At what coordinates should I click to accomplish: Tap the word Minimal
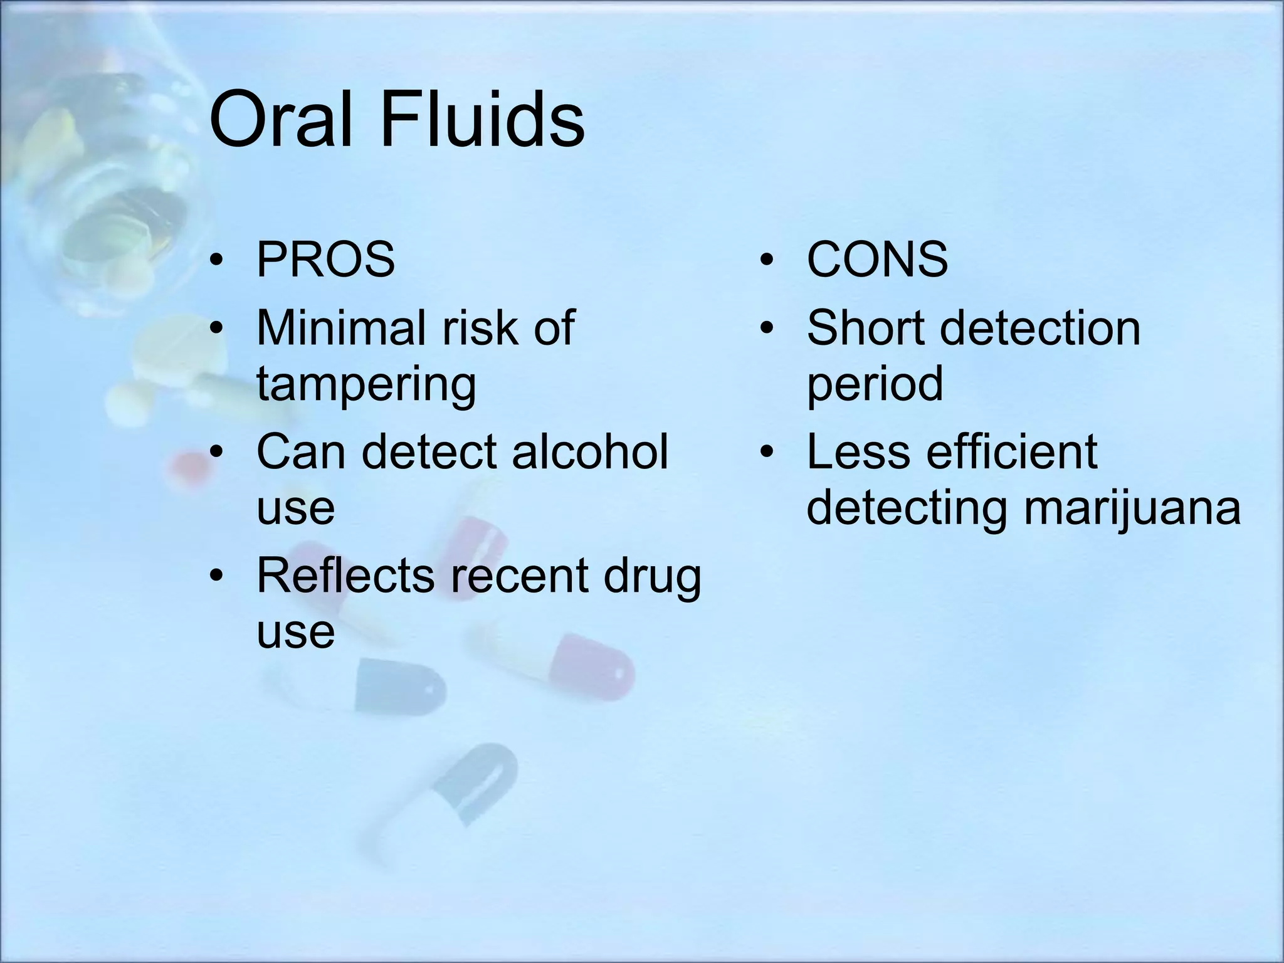pyautogui.click(x=343, y=328)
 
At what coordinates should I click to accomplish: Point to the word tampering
pyautogui.click(x=366, y=384)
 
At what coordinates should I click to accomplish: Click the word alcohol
pyautogui.click(x=590, y=452)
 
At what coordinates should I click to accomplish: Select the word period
pyautogui.click(x=875, y=384)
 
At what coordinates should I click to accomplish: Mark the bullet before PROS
pyautogui.click(x=216, y=260)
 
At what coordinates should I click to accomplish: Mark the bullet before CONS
pyautogui.click(x=766, y=260)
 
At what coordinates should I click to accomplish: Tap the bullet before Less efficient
pyautogui.click(x=766, y=453)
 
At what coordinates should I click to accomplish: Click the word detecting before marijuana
pyautogui.click(x=906, y=508)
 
